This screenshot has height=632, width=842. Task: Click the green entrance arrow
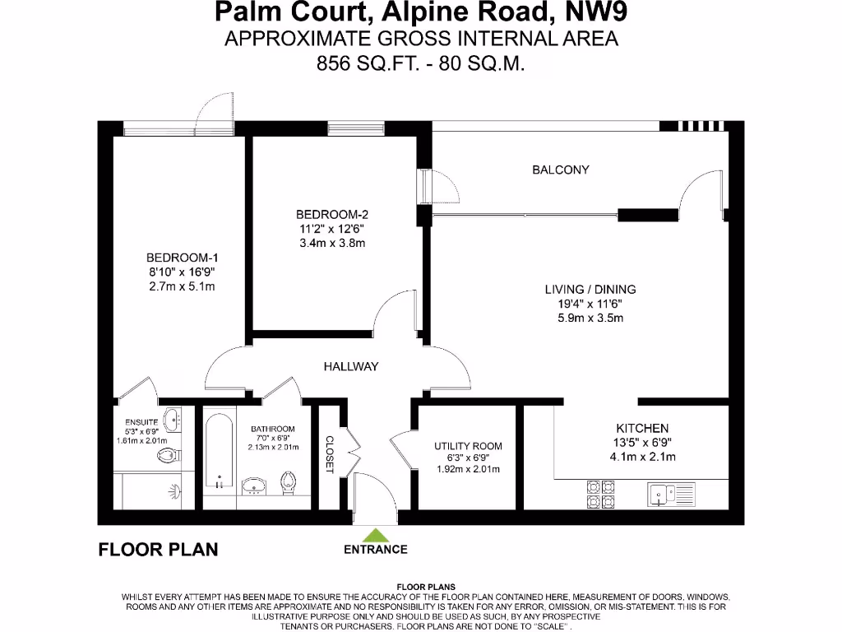[x=375, y=534]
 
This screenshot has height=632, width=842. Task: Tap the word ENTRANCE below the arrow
[x=375, y=550]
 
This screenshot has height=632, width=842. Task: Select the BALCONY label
[x=561, y=170]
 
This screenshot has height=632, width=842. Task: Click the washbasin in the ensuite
[x=173, y=421]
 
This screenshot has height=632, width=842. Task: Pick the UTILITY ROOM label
[x=468, y=446]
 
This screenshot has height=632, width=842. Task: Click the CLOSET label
[x=330, y=454]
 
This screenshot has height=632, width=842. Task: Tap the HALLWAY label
[x=350, y=366]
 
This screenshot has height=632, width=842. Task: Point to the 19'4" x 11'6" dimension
[x=590, y=303]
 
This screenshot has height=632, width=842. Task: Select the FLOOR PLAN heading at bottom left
[x=158, y=550]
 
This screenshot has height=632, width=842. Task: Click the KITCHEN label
[x=642, y=428]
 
